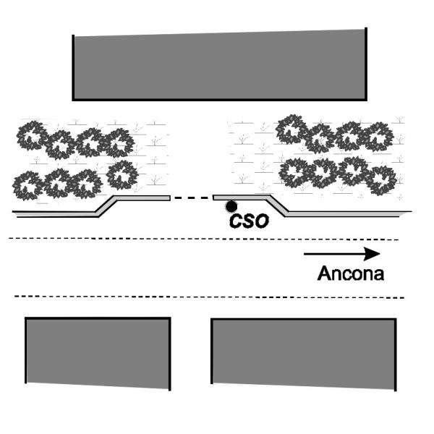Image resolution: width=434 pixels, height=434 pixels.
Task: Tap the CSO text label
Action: (x=249, y=221)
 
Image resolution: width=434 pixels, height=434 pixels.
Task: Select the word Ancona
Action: (x=350, y=274)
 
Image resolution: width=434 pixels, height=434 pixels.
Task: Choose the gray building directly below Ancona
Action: (x=304, y=352)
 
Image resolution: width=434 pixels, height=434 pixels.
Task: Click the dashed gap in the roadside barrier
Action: (x=191, y=197)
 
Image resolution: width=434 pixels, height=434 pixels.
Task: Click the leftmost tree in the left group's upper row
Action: (x=32, y=135)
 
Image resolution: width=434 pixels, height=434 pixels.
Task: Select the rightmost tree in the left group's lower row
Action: (x=122, y=174)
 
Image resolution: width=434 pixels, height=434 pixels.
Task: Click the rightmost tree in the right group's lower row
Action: (x=381, y=175)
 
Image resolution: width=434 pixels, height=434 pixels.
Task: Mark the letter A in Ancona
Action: (x=323, y=274)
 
